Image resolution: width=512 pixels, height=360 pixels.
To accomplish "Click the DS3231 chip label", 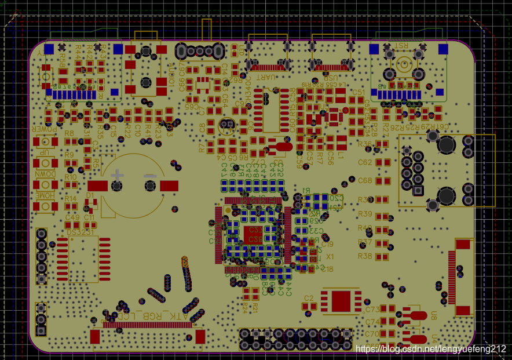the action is (x=81, y=232).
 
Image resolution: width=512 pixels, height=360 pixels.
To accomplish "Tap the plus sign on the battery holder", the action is (x=118, y=174).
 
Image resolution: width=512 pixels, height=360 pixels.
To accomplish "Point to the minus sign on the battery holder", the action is (x=150, y=174).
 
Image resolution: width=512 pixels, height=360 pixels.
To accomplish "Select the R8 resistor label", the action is (x=70, y=134).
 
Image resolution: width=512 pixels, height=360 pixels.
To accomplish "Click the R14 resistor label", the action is (x=71, y=199).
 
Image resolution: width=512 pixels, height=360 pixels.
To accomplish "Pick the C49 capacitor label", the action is (x=72, y=217).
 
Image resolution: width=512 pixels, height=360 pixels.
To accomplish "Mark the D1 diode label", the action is (x=90, y=195).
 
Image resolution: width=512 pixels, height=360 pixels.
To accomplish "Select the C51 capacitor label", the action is (x=359, y=92).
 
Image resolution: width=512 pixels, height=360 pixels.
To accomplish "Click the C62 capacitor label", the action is (x=365, y=162).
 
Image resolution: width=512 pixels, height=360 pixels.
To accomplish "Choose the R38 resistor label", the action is (x=365, y=256).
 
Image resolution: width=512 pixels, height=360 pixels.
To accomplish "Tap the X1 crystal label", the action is (x=330, y=256).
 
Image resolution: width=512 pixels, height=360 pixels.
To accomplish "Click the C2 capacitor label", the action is (x=308, y=298).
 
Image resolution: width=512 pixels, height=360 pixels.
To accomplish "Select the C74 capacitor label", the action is (x=372, y=322).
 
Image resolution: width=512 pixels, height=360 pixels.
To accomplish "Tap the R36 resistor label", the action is (x=365, y=144).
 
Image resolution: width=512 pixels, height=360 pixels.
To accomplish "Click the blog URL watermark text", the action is (x=431, y=349).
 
